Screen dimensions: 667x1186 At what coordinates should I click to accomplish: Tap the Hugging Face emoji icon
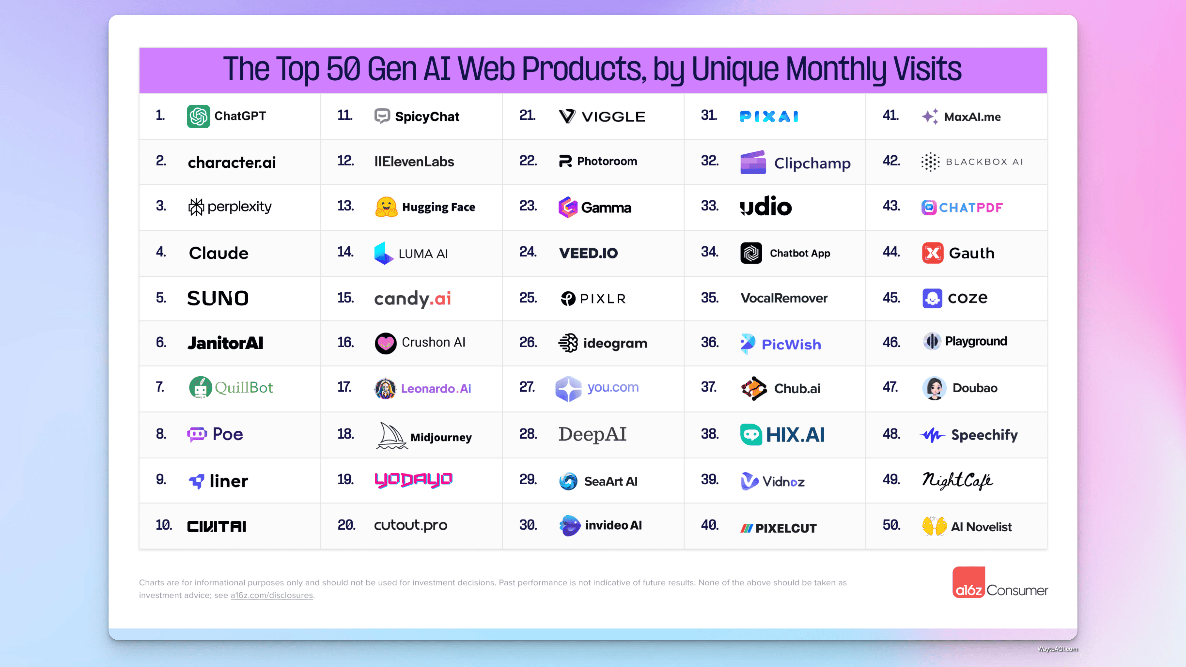click(386, 207)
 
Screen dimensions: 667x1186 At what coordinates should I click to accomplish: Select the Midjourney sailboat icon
click(391, 435)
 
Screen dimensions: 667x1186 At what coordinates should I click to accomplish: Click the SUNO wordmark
click(218, 298)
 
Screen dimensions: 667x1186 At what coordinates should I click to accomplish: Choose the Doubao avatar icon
click(934, 388)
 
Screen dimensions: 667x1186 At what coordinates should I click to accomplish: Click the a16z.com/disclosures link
click(272, 595)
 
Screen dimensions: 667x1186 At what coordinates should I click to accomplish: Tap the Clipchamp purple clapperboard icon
click(753, 163)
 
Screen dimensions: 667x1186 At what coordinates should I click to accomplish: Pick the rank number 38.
click(710, 434)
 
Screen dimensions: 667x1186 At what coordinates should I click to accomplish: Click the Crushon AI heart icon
click(385, 343)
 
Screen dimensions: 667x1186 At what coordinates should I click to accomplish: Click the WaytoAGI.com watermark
click(1058, 649)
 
